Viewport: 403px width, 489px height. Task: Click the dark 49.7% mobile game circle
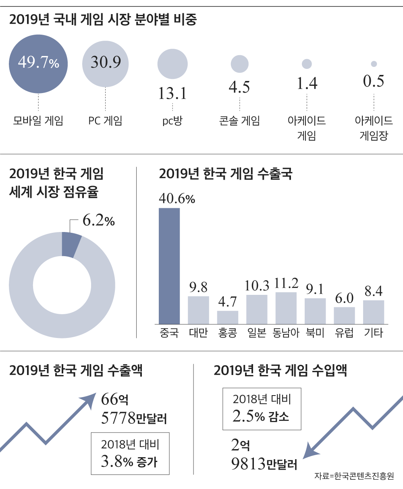point(38,63)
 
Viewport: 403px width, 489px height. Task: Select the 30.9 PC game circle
point(106,63)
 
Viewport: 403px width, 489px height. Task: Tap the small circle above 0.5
point(374,64)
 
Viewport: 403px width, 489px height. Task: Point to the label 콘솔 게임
point(239,121)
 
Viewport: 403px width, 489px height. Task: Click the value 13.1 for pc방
point(172,93)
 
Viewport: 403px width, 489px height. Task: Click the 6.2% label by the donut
point(98,221)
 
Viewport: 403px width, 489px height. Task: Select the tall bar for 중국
point(169,266)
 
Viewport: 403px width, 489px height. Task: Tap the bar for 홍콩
point(228,317)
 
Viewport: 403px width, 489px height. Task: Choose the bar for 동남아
point(286,308)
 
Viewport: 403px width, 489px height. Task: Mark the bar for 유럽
point(345,315)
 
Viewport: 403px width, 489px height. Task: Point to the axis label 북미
point(315,333)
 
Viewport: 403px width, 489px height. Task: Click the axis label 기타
point(373,333)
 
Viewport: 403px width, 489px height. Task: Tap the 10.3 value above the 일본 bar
point(257,286)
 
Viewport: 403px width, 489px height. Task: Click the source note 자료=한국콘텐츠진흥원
point(354,476)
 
